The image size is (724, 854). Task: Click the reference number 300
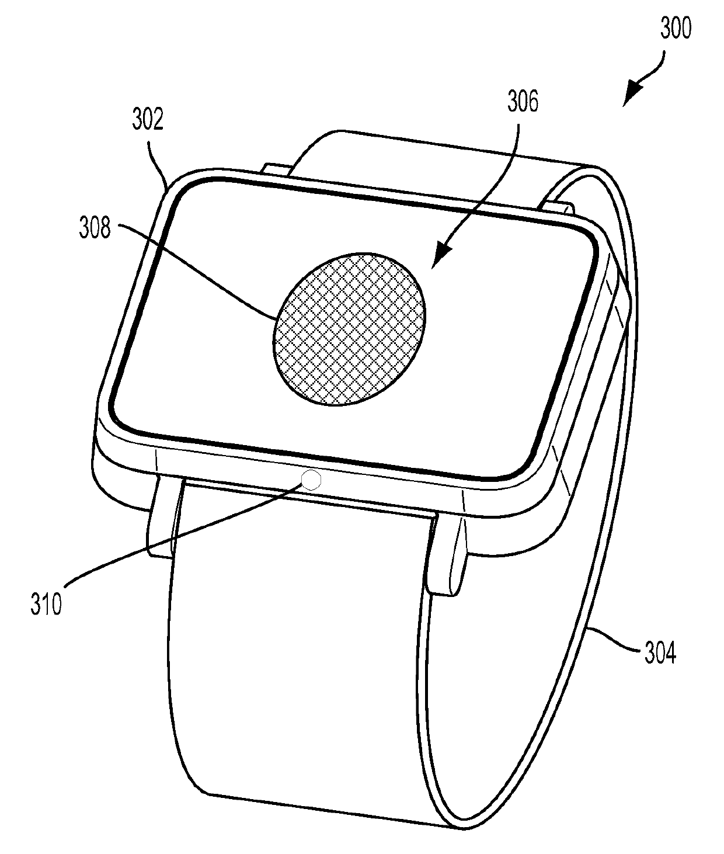(675, 27)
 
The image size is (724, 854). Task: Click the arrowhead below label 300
(633, 93)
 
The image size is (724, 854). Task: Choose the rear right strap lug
(558, 206)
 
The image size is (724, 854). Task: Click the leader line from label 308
(199, 269)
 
